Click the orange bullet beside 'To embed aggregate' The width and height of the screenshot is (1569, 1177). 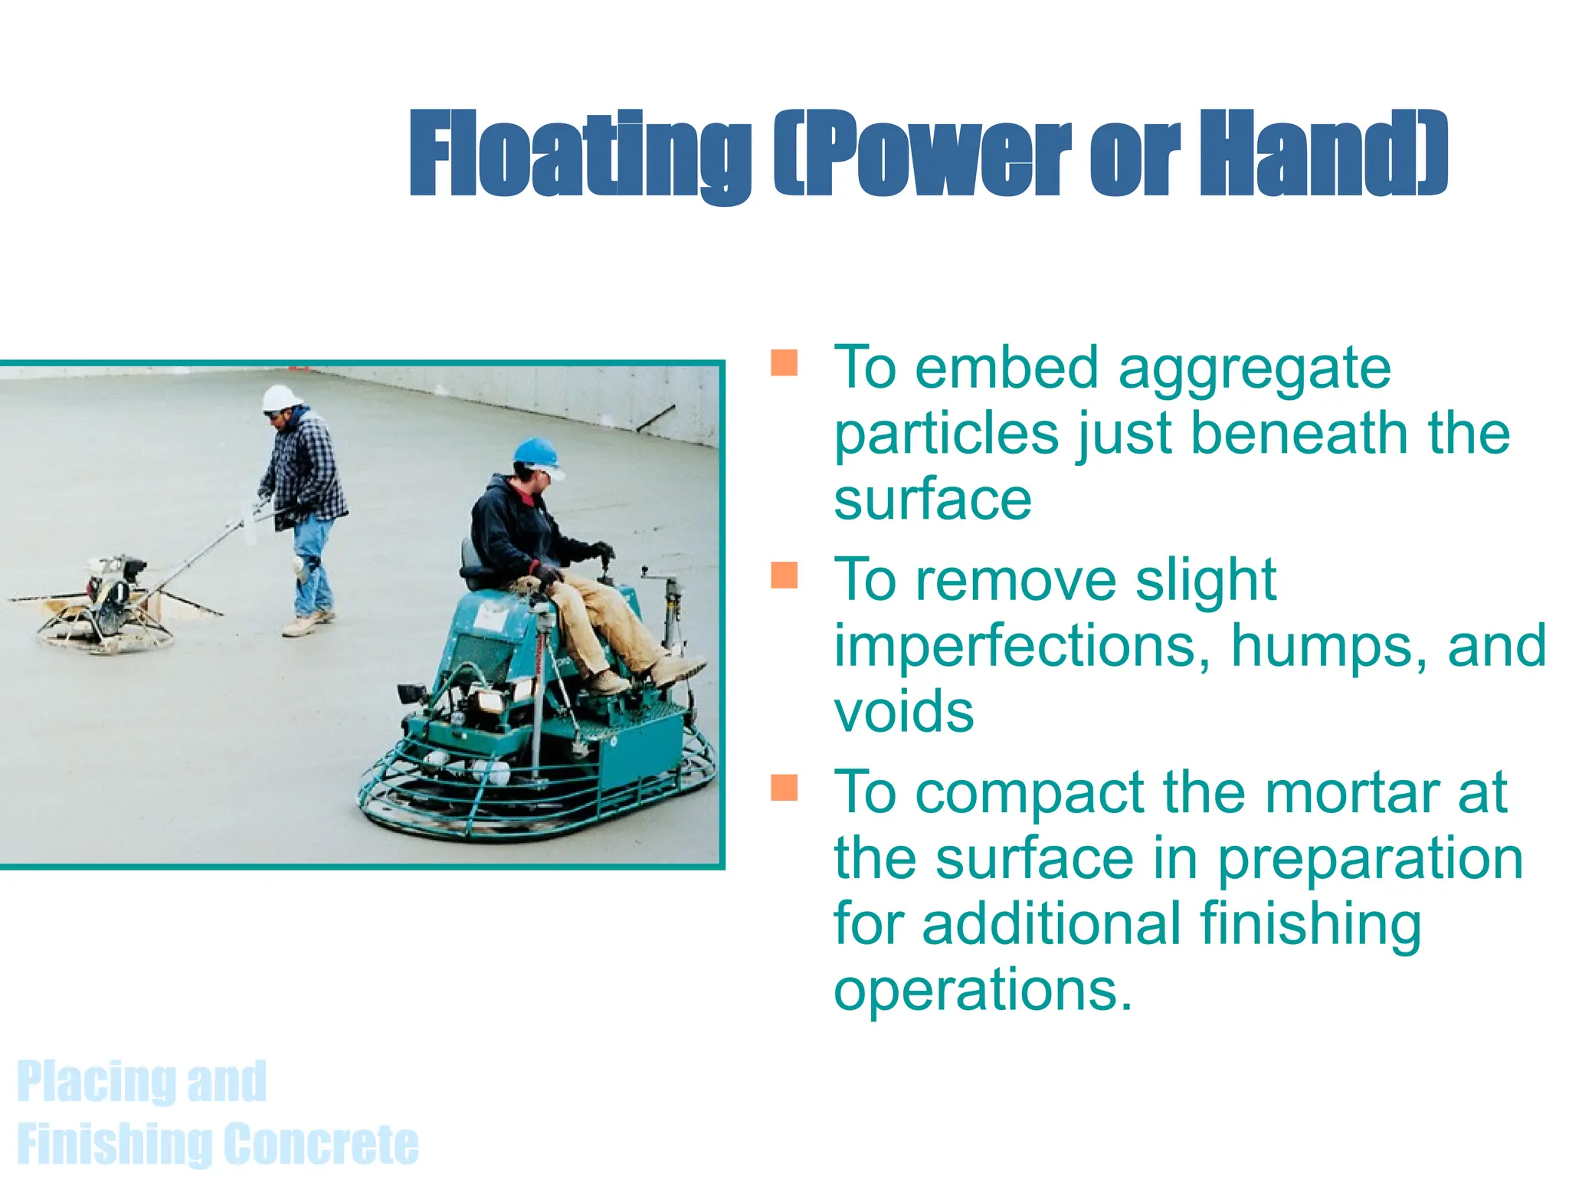tap(784, 362)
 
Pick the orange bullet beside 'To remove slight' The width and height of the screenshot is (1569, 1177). tap(784, 575)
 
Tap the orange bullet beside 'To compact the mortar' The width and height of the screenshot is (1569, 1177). tap(784, 787)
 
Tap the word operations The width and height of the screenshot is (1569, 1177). tap(982, 990)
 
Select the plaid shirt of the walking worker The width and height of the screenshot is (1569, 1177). tap(306, 467)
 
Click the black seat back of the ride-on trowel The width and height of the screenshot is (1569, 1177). tap(470, 563)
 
